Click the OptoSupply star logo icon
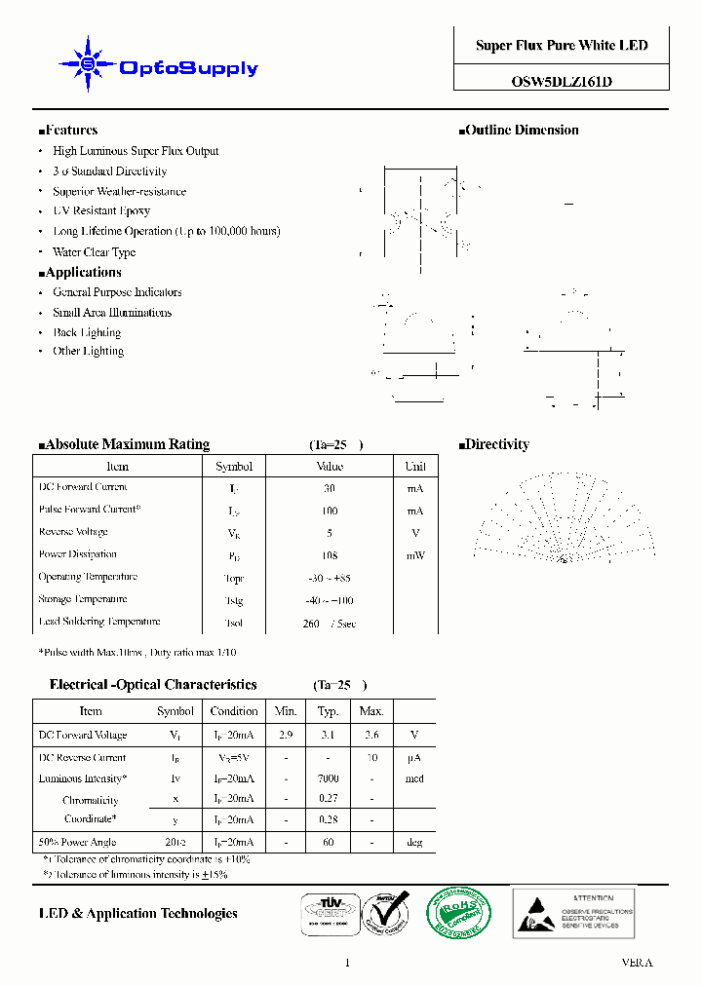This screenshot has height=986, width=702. tap(88, 65)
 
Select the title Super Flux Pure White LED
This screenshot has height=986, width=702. tap(562, 46)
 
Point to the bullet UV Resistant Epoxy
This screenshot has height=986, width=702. tap(101, 210)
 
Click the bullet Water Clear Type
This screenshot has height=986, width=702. tap(95, 252)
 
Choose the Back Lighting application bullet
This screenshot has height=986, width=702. tap(88, 332)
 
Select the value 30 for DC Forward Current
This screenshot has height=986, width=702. tap(330, 488)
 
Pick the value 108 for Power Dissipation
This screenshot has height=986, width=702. tap(330, 555)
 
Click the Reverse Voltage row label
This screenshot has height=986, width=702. tap(74, 532)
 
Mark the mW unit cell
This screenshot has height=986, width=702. tap(415, 555)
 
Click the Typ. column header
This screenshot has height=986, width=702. tap(329, 711)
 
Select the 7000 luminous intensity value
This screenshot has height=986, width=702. tap(329, 778)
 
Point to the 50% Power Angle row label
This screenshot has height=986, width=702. tap(77, 842)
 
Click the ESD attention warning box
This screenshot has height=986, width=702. tap(573, 912)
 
